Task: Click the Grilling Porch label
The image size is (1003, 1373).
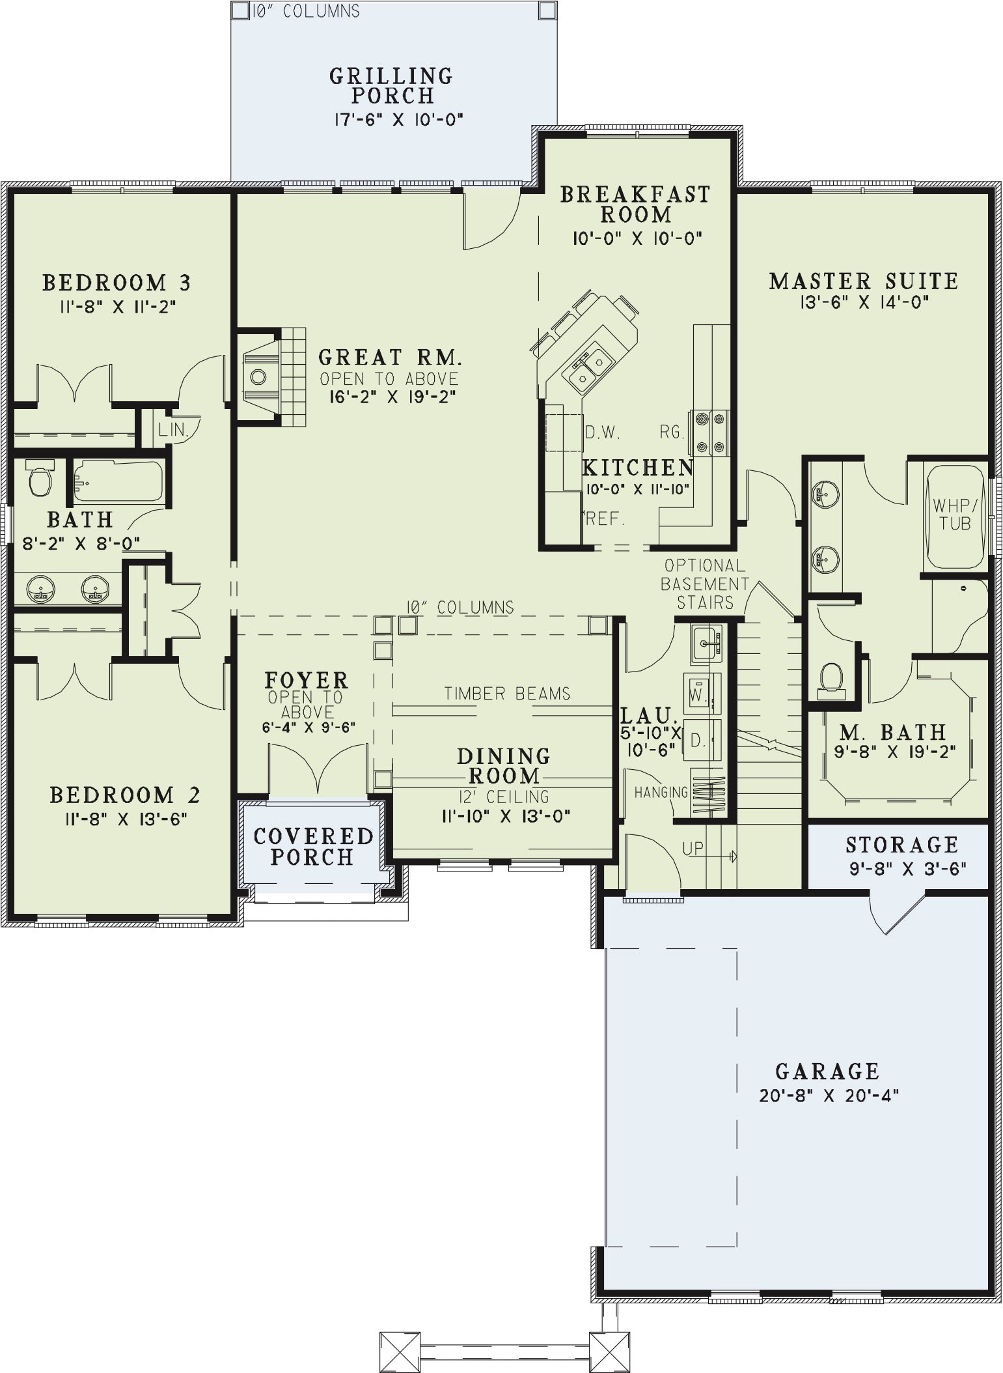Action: [391, 85]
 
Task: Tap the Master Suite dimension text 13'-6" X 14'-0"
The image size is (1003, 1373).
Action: [864, 302]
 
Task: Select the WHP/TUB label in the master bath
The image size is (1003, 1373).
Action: [955, 514]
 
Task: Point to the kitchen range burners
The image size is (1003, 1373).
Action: [710, 432]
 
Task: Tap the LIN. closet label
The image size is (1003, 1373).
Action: [172, 431]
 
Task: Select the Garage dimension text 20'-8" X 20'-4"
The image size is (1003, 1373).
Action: [829, 1096]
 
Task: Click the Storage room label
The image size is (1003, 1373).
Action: [902, 845]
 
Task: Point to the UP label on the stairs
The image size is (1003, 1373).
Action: [693, 848]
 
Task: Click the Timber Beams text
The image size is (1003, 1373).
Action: [507, 694]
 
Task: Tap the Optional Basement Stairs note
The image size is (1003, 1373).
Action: [705, 584]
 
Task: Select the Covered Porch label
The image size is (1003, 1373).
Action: [313, 846]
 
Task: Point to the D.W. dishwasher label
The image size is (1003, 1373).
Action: [602, 431]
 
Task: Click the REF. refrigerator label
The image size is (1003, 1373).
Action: [605, 518]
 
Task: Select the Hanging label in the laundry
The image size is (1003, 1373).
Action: [661, 792]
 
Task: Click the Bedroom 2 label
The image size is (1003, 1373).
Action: [125, 795]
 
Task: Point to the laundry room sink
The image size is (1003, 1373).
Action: [707, 643]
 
